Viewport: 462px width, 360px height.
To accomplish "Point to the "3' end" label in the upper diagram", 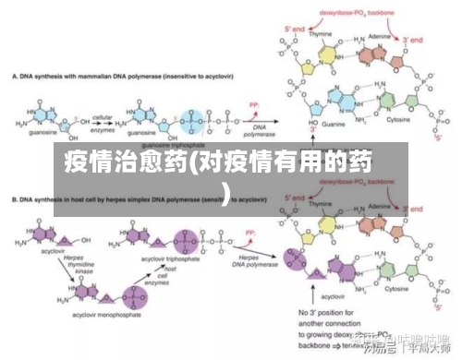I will tap(412, 40).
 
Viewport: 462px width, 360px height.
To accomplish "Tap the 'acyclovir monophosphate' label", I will tap(86, 316).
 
